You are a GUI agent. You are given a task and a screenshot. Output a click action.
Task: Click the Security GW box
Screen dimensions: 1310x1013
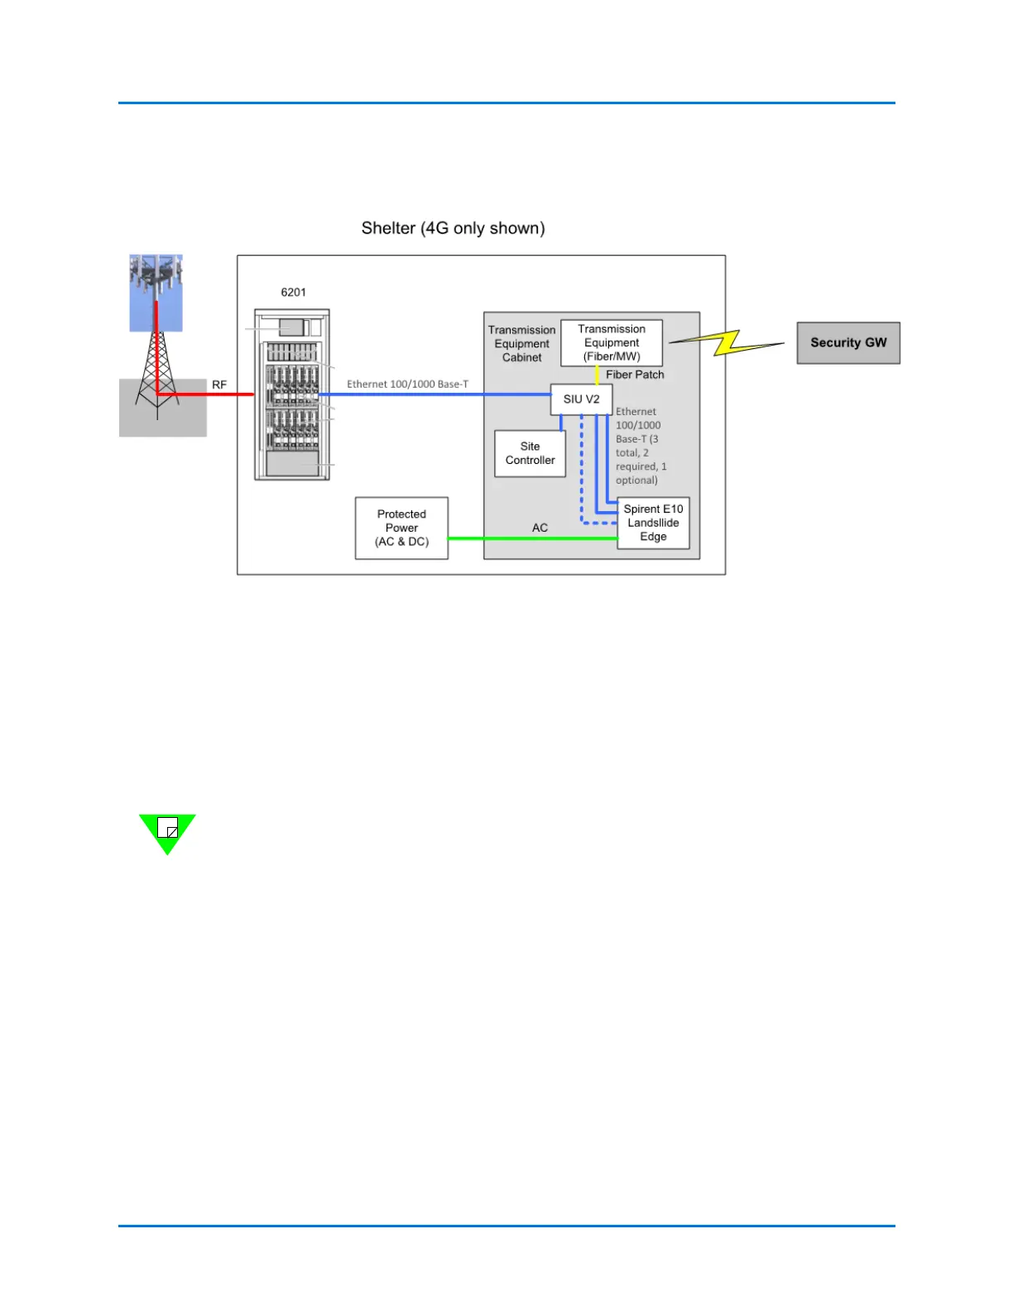coord(847,342)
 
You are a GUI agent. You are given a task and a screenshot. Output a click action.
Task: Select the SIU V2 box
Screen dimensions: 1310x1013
coord(581,399)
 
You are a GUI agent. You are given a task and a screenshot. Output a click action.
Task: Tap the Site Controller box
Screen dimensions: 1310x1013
coord(530,453)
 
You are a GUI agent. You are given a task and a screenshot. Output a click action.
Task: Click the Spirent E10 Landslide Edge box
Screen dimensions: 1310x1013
coord(653,523)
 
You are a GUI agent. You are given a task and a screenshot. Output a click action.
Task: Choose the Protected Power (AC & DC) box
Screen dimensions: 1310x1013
coord(401,528)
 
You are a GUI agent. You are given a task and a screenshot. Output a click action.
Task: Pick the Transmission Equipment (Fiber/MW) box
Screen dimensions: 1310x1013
coord(612,342)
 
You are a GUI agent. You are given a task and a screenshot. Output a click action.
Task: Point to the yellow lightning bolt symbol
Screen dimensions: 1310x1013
coord(727,342)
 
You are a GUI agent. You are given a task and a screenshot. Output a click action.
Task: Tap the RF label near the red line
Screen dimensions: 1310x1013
coord(219,385)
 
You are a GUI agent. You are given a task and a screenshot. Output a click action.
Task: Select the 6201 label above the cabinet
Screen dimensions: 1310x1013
coord(293,292)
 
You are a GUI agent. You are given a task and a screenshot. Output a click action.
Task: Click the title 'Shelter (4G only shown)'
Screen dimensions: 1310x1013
coord(453,228)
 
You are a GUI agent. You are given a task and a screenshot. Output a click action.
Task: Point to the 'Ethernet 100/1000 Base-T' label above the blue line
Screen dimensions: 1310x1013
coord(407,384)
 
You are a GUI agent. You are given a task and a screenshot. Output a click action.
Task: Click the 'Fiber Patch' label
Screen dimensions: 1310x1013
coord(635,375)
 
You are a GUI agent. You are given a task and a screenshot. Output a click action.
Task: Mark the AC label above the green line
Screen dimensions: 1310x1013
coord(540,528)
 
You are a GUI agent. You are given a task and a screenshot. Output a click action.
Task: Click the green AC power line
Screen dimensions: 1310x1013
coord(530,538)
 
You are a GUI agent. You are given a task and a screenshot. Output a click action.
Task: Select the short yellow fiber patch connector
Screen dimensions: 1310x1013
coord(597,375)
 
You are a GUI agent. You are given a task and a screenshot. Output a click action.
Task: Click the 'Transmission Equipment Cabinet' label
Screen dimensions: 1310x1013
coord(521,343)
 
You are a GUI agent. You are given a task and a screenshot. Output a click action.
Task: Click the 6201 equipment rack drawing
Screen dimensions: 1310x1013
coord(291,394)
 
